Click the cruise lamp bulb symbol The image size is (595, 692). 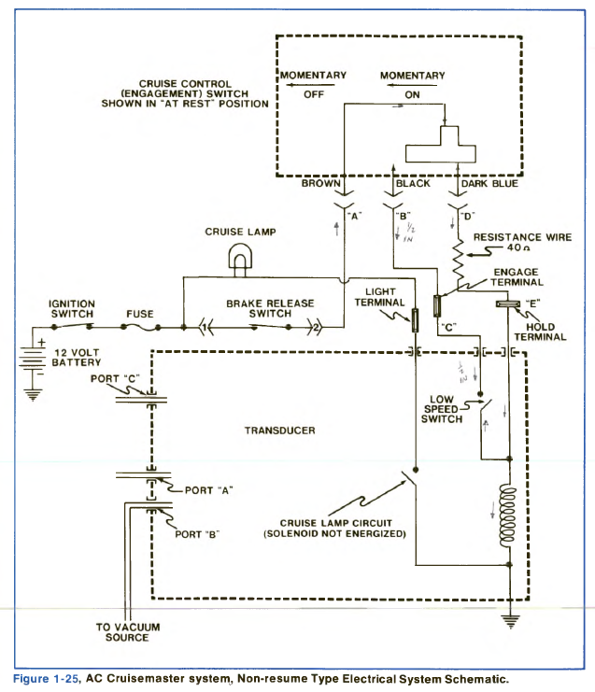click(235, 258)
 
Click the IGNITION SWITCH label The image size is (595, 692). click(73, 309)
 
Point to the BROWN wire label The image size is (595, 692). click(320, 184)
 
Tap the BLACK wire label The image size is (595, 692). click(414, 184)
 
